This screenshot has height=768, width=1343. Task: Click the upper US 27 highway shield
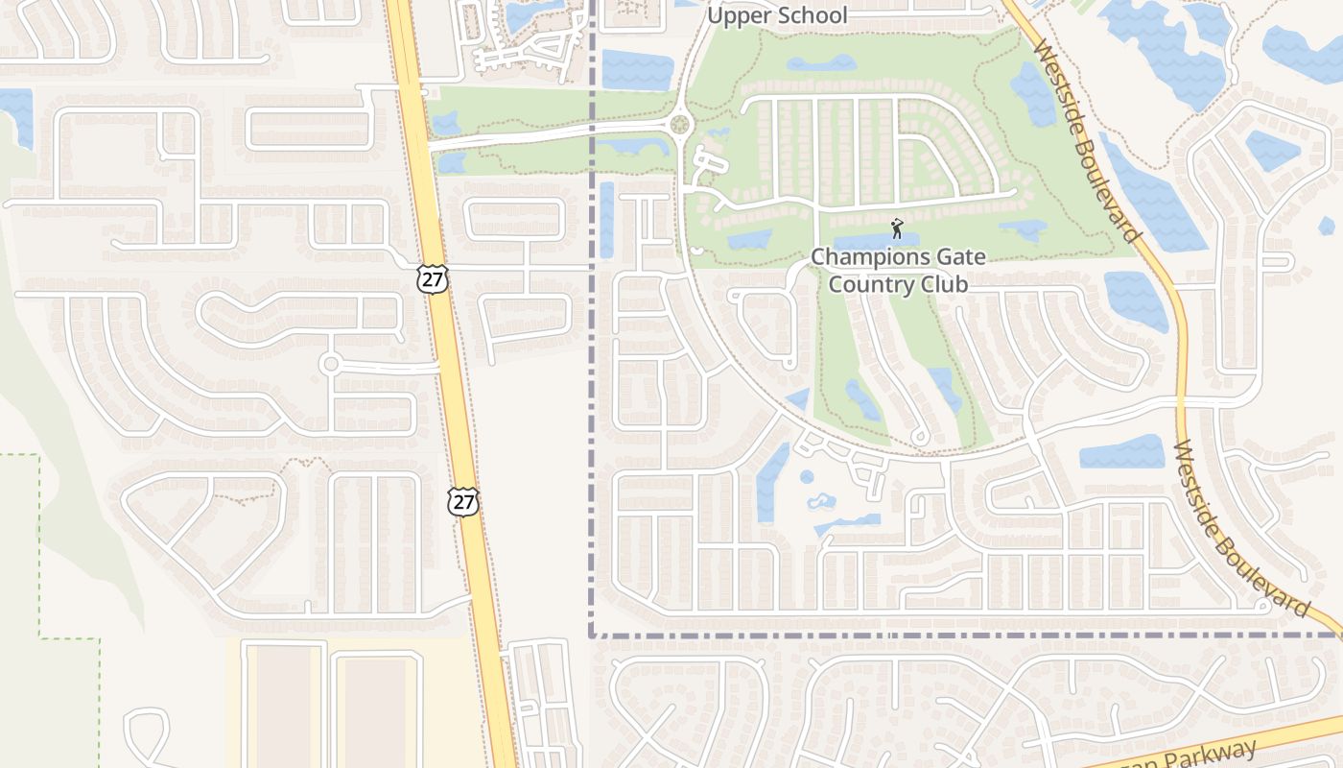433,279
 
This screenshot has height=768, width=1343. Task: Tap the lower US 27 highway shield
462,500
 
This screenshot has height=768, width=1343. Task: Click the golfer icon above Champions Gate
897,228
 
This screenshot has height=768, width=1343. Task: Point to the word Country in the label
863,284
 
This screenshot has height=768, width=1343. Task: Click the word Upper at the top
735,15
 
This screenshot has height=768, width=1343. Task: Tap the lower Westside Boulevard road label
1240,529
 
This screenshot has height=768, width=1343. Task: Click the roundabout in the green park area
681,125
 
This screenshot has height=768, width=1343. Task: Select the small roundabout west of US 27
331,364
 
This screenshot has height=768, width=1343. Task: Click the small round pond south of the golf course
807,476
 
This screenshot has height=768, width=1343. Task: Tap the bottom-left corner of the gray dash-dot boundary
591,635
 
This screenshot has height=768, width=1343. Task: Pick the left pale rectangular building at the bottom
283,706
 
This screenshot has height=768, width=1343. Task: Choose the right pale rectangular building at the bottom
375,710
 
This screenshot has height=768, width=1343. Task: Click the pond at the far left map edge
17,116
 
